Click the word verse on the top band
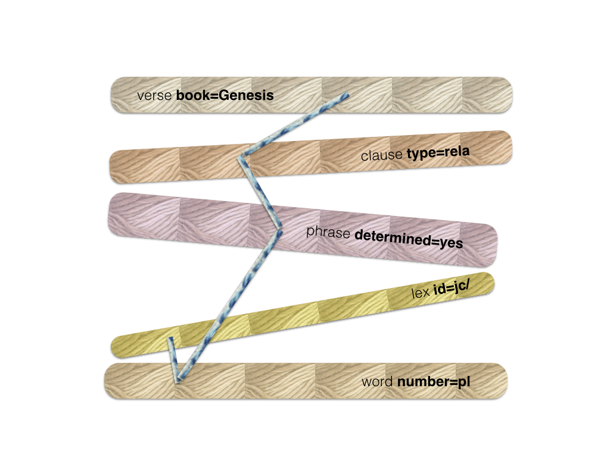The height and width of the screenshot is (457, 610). click(154, 96)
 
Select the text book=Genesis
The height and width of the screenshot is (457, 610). click(225, 95)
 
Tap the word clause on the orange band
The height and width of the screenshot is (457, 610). click(381, 155)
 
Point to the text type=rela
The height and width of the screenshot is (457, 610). click(438, 152)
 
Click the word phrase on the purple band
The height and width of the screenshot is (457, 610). click(328, 232)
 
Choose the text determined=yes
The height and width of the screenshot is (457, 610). click(409, 239)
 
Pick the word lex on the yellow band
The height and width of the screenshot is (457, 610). click(420, 292)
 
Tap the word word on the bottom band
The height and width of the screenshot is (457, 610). click(377, 381)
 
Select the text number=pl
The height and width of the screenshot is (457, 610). click(434, 382)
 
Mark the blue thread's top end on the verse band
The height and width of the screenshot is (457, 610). click(347, 95)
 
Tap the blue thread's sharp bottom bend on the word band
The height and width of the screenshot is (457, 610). click(178, 380)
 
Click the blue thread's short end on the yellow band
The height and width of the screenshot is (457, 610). click(170, 339)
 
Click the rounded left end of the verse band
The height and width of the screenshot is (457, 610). click(117, 95)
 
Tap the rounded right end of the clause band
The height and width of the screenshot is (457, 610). click(505, 148)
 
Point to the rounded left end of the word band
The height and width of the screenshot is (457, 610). click(111, 381)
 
